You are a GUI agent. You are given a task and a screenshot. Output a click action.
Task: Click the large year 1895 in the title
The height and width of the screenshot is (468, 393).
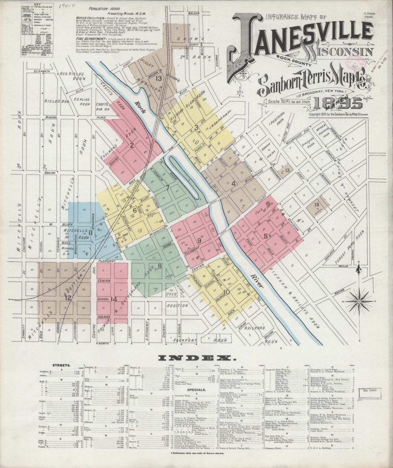point(338,103)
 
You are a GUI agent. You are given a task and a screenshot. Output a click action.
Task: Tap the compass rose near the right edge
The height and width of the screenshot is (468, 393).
point(359,301)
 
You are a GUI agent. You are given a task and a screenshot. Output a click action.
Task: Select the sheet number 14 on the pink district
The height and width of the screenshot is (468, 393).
point(114,299)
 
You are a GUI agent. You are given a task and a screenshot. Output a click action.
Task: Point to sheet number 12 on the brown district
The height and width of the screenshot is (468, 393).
point(68,298)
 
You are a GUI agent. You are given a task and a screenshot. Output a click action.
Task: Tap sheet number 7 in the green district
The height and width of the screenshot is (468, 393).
point(168,187)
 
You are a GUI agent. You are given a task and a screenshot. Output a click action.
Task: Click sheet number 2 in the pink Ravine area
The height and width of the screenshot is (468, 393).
point(132,145)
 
